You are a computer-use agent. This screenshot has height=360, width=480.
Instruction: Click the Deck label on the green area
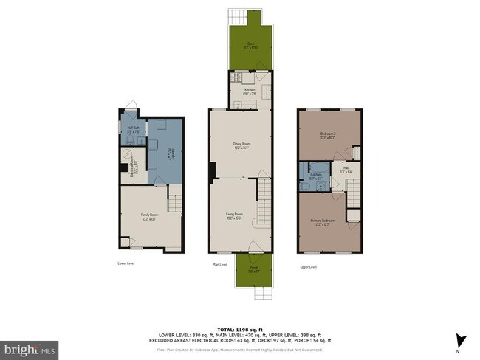click(250, 45)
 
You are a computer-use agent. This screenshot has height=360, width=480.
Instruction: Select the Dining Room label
click(239, 146)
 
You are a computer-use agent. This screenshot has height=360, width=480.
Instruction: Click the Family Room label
click(151, 216)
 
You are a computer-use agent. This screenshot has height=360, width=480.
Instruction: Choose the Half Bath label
click(134, 129)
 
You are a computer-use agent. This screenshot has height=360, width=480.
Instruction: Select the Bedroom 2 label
click(329, 135)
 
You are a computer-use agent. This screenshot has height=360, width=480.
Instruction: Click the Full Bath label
click(315, 176)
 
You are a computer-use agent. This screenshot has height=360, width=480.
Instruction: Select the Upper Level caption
click(308, 266)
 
